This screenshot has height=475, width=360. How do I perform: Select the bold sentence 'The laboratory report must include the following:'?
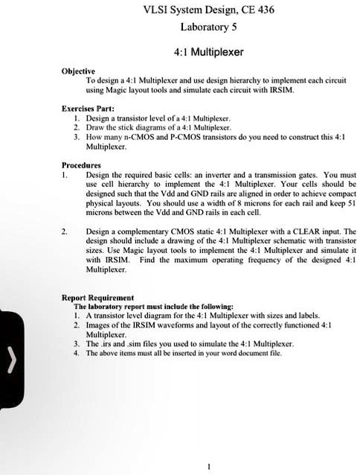click(x=153, y=307)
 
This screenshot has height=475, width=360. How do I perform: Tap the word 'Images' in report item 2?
click(x=98, y=325)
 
